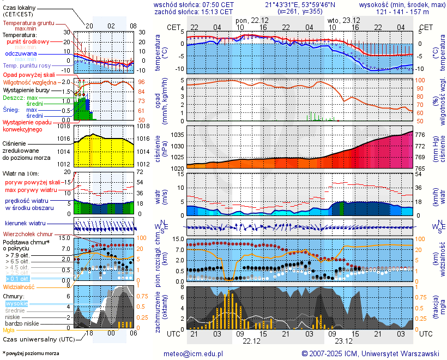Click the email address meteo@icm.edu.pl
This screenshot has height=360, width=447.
pyautogui.click(x=194, y=353)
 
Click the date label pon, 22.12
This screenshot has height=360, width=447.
pyautogui.click(x=251, y=21)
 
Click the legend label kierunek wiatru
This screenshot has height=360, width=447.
pyautogui.click(x=25, y=224)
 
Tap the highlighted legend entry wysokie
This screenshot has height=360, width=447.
pyautogui.click(x=16, y=303)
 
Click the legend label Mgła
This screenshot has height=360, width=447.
pyautogui.click(x=9, y=330)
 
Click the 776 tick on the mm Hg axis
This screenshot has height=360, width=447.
pyautogui.click(x=420, y=134)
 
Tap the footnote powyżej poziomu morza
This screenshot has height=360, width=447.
pyautogui.click(x=32, y=353)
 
